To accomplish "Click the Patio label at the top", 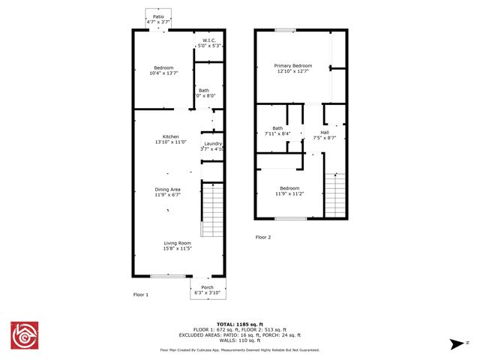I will tap(158, 16).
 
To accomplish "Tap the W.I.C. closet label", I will tap(208, 41).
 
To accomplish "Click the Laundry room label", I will tap(214, 144).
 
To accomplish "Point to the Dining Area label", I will tap(168, 190).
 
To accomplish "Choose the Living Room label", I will tap(178, 243).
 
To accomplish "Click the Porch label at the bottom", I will tap(207, 287).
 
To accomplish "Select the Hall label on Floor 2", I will tap(325, 133).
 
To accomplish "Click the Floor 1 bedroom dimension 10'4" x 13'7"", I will tap(164, 73).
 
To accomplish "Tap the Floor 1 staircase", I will tap(213, 211).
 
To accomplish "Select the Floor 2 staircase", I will tap(336, 193).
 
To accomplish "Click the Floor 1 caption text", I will tap(141, 295).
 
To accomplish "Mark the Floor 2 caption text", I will tap(263, 237).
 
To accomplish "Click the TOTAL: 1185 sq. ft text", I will tap(239, 322).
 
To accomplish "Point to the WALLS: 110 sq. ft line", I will tap(239, 340).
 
